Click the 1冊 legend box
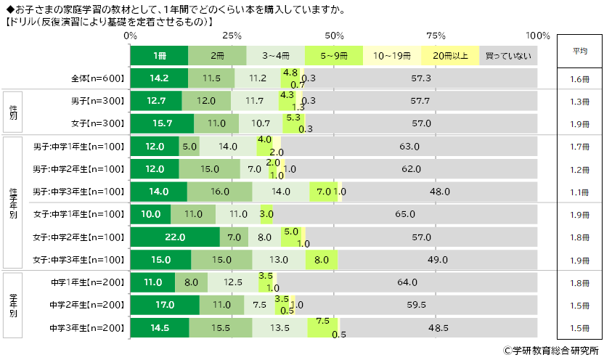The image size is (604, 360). pos(159,55)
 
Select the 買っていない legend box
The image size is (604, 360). pos(508,55)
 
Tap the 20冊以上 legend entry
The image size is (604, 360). pos(450,55)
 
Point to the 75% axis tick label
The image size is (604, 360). pos(436,36)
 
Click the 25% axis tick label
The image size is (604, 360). pos(232,36)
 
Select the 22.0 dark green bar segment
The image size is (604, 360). pos(175,237)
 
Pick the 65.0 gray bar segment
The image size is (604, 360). pos(406,214)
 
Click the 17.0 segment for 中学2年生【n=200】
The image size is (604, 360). pos(165,305)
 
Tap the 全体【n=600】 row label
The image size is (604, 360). pos(99,78)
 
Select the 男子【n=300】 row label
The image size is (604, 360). pos(99,101)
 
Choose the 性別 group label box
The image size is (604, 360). pos(12,112)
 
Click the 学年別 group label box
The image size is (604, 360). pos(12,305)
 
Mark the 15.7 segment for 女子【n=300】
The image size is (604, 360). pos(162,123)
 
